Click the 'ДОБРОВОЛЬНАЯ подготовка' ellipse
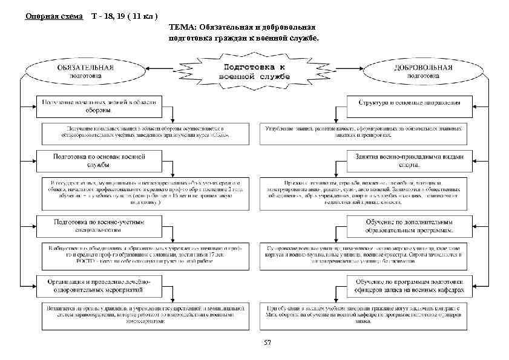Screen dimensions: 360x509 (423, 71)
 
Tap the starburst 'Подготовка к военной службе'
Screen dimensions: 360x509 (255, 71)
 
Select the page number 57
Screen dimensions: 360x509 (267, 343)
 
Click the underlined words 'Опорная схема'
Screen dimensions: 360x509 (53, 15)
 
